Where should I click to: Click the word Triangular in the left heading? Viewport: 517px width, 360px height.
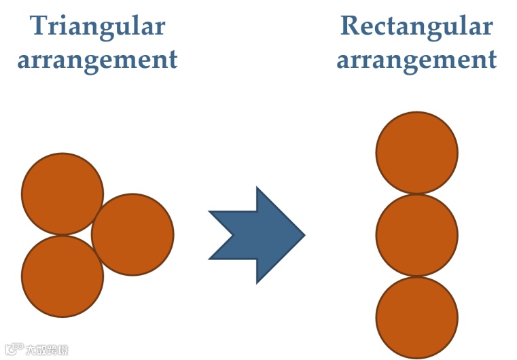coord(98,26)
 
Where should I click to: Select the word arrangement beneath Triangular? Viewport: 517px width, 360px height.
coord(98,60)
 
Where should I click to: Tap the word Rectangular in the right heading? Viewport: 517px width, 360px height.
coord(416,26)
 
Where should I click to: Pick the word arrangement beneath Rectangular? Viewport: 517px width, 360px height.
coord(416,60)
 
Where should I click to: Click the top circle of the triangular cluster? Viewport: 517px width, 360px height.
coord(63,194)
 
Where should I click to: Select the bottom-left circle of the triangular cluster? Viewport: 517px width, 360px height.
coord(63,276)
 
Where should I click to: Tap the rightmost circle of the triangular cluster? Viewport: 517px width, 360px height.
coord(132,234)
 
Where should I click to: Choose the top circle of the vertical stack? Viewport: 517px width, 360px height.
coord(416,152)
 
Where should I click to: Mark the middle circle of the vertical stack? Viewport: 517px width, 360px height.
coord(416,235)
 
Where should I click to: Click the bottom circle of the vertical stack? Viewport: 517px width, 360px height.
coord(416,317)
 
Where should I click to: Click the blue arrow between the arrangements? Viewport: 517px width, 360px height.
coord(258,235)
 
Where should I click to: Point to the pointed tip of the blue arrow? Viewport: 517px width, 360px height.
coord(302,235)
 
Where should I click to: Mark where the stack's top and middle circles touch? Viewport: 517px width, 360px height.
coord(416,194)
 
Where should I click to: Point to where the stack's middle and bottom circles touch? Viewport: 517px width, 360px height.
coord(416,276)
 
